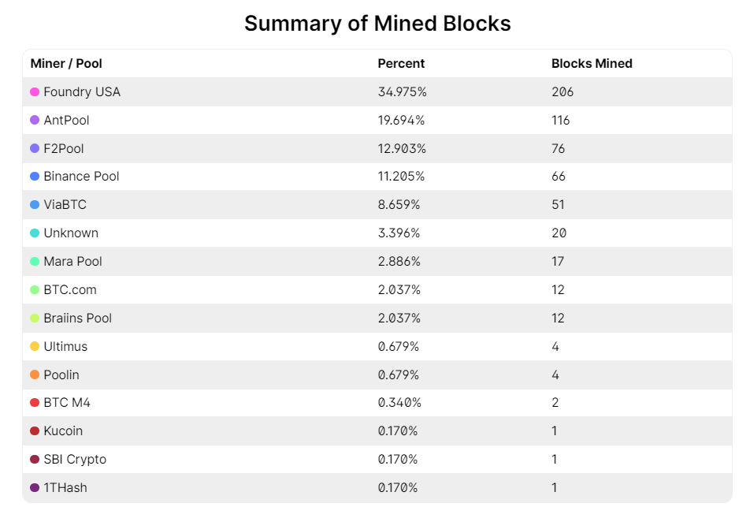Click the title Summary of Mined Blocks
tap(377, 24)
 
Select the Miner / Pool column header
tap(66, 63)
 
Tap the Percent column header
tap(401, 63)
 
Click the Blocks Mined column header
tap(592, 63)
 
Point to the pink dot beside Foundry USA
tap(35, 91)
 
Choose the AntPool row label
tap(66, 120)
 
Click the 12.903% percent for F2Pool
tap(402, 148)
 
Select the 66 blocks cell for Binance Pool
tap(559, 177)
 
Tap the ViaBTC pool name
tap(65, 204)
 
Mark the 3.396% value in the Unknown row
tap(399, 233)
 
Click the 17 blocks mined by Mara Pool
tap(558, 261)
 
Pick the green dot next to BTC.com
tap(35, 289)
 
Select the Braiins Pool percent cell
tap(399, 318)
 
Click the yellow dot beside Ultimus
tap(35, 346)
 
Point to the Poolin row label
tap(61, 375)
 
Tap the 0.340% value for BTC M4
tap(399, 402)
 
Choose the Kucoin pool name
tap(63, 430)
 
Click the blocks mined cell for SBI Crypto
tap(555, 459)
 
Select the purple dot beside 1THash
tap(35, 487)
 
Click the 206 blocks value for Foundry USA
tap(562, 91)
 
